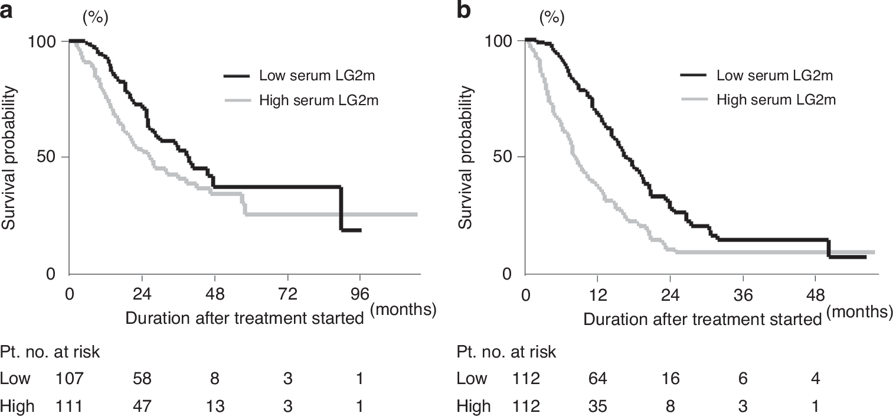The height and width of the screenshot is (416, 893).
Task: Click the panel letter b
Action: click(x=464, y=10)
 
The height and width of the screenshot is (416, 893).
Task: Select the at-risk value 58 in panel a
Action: click(x=142, y=379)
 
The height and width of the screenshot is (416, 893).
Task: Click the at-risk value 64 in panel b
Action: click(x=598, y=379)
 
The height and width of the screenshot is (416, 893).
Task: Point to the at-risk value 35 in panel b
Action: click(x=598, y=407)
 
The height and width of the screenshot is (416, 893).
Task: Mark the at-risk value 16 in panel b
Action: click(x=670, y=379)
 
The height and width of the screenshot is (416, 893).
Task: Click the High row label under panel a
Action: click(x=17, y=407)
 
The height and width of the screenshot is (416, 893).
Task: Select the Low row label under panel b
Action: click(x=472, y=379)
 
